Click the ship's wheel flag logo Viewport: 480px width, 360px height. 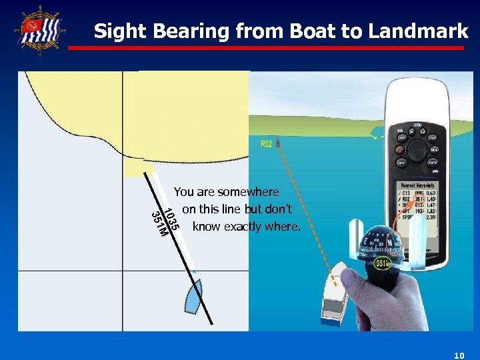tap(39, 30)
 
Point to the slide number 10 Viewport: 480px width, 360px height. tap(458, 356)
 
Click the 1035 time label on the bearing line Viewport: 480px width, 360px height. tap(171, 221)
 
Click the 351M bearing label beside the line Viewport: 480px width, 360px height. tap(158, 224)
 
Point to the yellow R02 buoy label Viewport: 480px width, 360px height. tap(266, 145)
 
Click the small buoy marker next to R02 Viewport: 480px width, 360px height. tap(278, 143)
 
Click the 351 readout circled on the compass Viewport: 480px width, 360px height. tap(382, 264)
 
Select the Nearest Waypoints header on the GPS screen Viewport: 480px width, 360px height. tap(417, 185)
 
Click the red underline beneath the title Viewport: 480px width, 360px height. tap(267, 48)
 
